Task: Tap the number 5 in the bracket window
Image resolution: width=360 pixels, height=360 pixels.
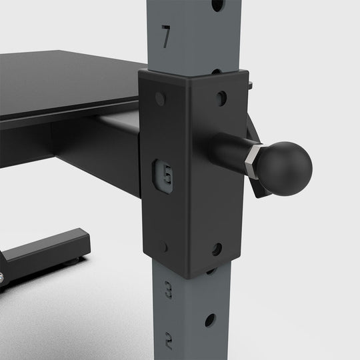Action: point(167,176)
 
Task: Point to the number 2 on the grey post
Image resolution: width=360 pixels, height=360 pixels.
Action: point(168,341)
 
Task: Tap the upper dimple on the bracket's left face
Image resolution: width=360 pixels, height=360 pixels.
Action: point(160,99)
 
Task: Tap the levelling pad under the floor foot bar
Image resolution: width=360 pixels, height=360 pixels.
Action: point(80,259)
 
